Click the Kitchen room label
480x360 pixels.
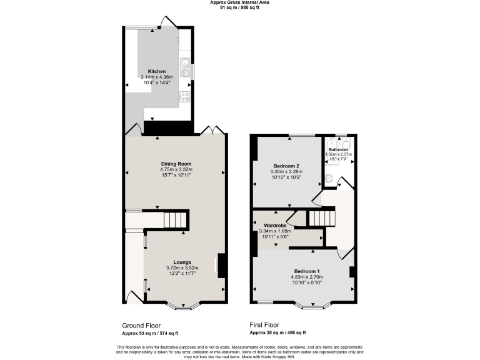coord(156,71)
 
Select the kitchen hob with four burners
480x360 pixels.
coord(185,96)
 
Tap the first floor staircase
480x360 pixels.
coord(323,218)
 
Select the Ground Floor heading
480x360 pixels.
coord(141,326)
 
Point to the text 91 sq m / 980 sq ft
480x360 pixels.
coord(239,7)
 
